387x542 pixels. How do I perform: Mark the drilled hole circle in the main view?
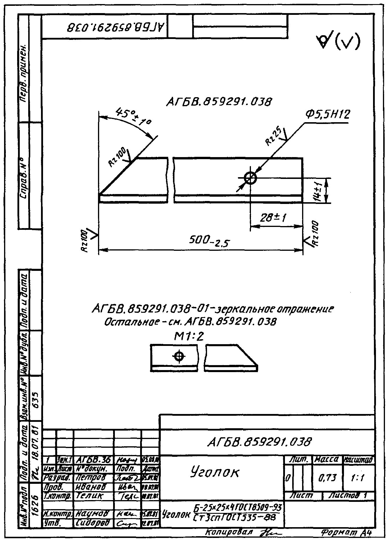(x=250, y=178)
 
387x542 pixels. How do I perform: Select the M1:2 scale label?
(x=189, y=337)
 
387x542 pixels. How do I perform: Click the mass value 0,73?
(x=327, y=478)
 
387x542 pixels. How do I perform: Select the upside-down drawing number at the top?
(x=116, y=28)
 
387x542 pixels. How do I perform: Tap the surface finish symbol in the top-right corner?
(x=338, y=42)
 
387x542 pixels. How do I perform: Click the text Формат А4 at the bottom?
(x=346, y=532)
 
